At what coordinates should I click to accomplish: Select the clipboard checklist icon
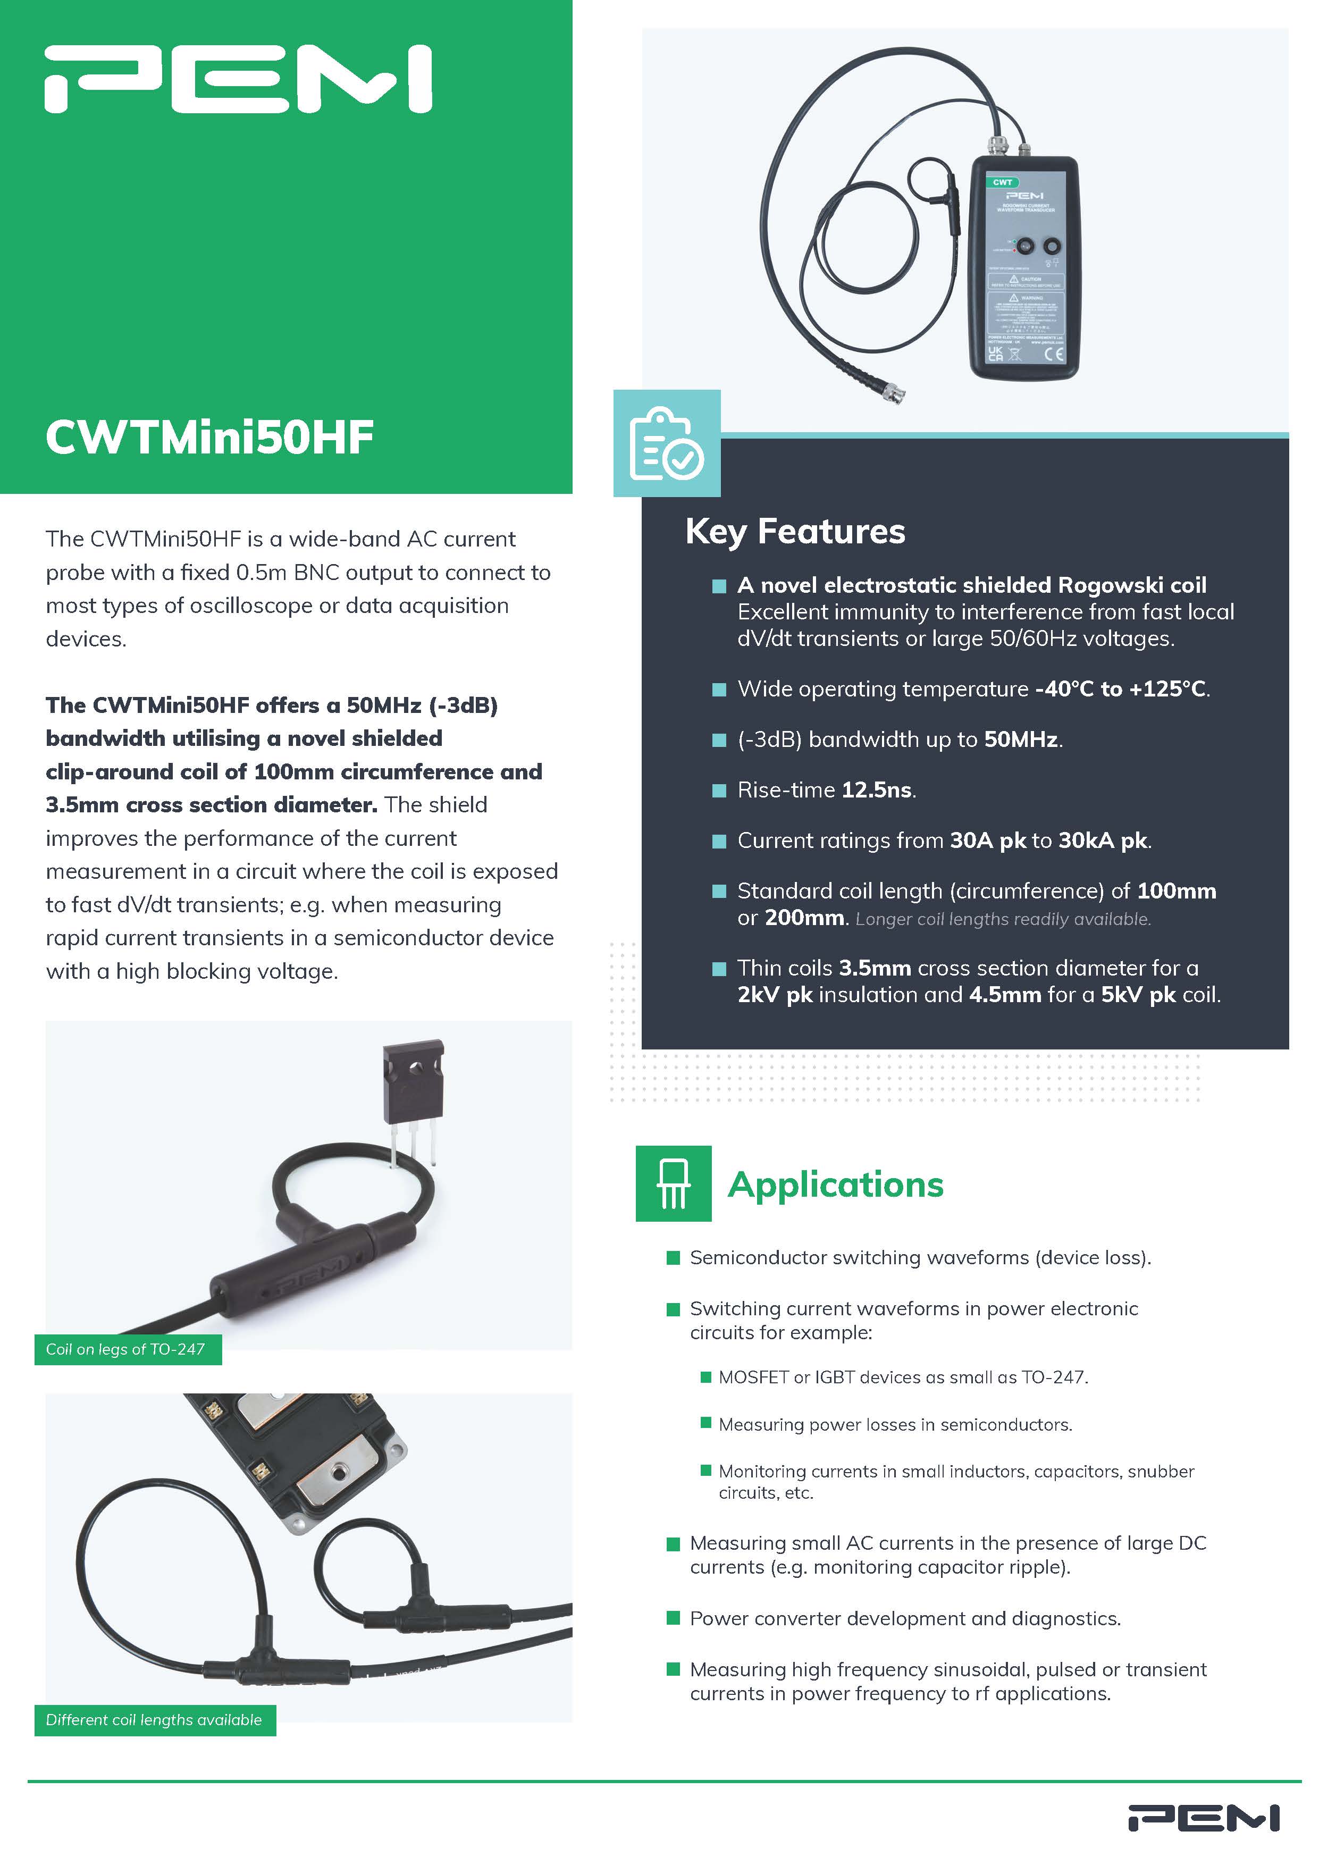pos(666,443)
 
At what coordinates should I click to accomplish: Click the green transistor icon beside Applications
pos(673,1183)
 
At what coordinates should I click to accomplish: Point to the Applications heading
pos(835,1184)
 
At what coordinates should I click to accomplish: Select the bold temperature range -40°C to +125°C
pos(1120,689)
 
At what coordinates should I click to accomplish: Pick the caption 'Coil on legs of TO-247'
pos(126,1349)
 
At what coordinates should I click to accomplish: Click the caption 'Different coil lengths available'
pos(154,1720)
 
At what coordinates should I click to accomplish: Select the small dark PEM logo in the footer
pos(1204,1818)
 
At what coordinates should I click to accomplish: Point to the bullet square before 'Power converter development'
pos(673,1618)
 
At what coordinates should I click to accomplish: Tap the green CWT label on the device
pos(1002,182)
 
